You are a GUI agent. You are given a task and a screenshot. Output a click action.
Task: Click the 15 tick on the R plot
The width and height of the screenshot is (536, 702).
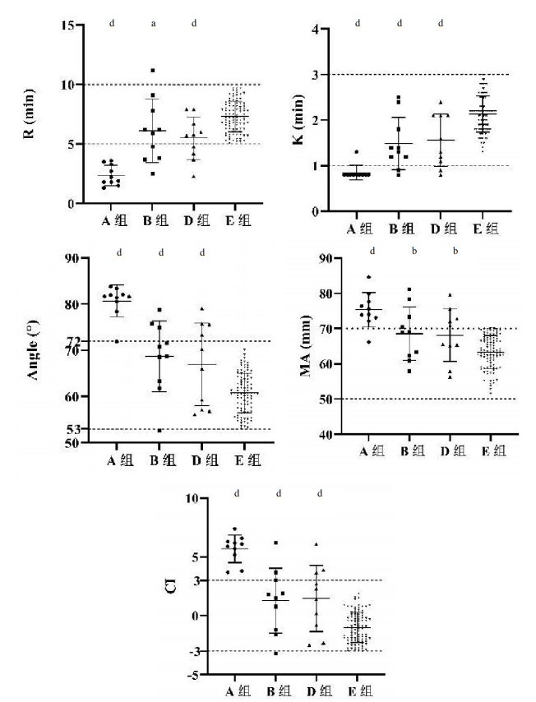pyautogui.click(x=67, y=25)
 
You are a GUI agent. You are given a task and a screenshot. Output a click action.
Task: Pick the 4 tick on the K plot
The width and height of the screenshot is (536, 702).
pyautogui.click(x=314, y=30)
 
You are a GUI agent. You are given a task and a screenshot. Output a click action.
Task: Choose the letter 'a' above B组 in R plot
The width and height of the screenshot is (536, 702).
pyautogui.click(x=153, y=23)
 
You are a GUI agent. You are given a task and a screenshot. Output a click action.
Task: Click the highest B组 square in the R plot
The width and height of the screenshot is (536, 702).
pyautogui.click(x=153, y=71)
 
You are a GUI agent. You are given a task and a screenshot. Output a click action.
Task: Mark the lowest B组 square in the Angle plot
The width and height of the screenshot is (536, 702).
pyautogui.click(x=160, y=430)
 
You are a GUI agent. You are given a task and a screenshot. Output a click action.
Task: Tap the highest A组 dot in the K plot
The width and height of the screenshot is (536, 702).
pyautogui.click(x=356, y=152)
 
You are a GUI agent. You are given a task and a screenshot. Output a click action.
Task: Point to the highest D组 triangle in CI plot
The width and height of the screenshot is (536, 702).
pyautogui.click(x=317, y=544)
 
